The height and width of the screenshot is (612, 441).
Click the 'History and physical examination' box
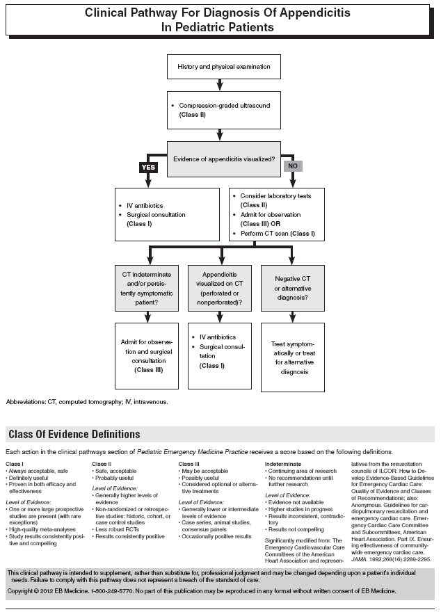point(220,67)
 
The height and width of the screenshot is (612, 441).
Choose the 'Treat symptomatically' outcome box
point(292,357)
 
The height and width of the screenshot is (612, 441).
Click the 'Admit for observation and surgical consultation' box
point(148,357)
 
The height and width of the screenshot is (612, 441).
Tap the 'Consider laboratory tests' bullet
point(275,196)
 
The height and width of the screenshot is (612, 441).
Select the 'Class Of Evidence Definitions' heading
point(74,435)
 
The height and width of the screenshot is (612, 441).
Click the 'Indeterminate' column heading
point(283,463)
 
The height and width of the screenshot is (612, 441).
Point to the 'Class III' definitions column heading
point(189,463)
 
